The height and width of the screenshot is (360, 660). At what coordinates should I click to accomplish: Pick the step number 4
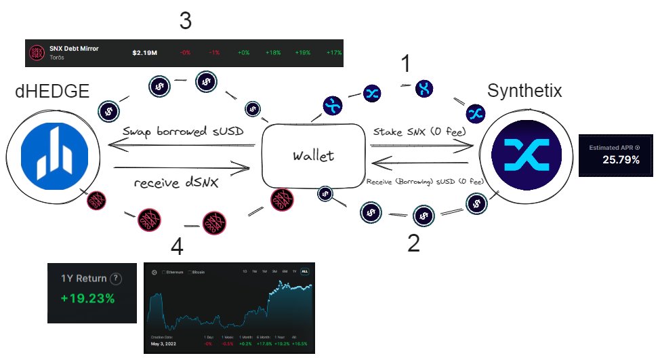click(178, 247)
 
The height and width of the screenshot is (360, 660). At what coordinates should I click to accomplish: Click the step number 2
click(413, 242)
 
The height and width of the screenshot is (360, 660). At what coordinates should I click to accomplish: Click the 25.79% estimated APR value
click(621, 161)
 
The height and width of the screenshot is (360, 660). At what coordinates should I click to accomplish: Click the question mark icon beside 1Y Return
click(117, 279)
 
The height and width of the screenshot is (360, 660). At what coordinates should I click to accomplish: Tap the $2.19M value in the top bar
click(146, 52)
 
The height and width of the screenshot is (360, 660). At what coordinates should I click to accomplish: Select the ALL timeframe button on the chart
click(305, 271)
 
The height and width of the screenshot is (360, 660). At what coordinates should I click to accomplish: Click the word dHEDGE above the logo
click(52, 91)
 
